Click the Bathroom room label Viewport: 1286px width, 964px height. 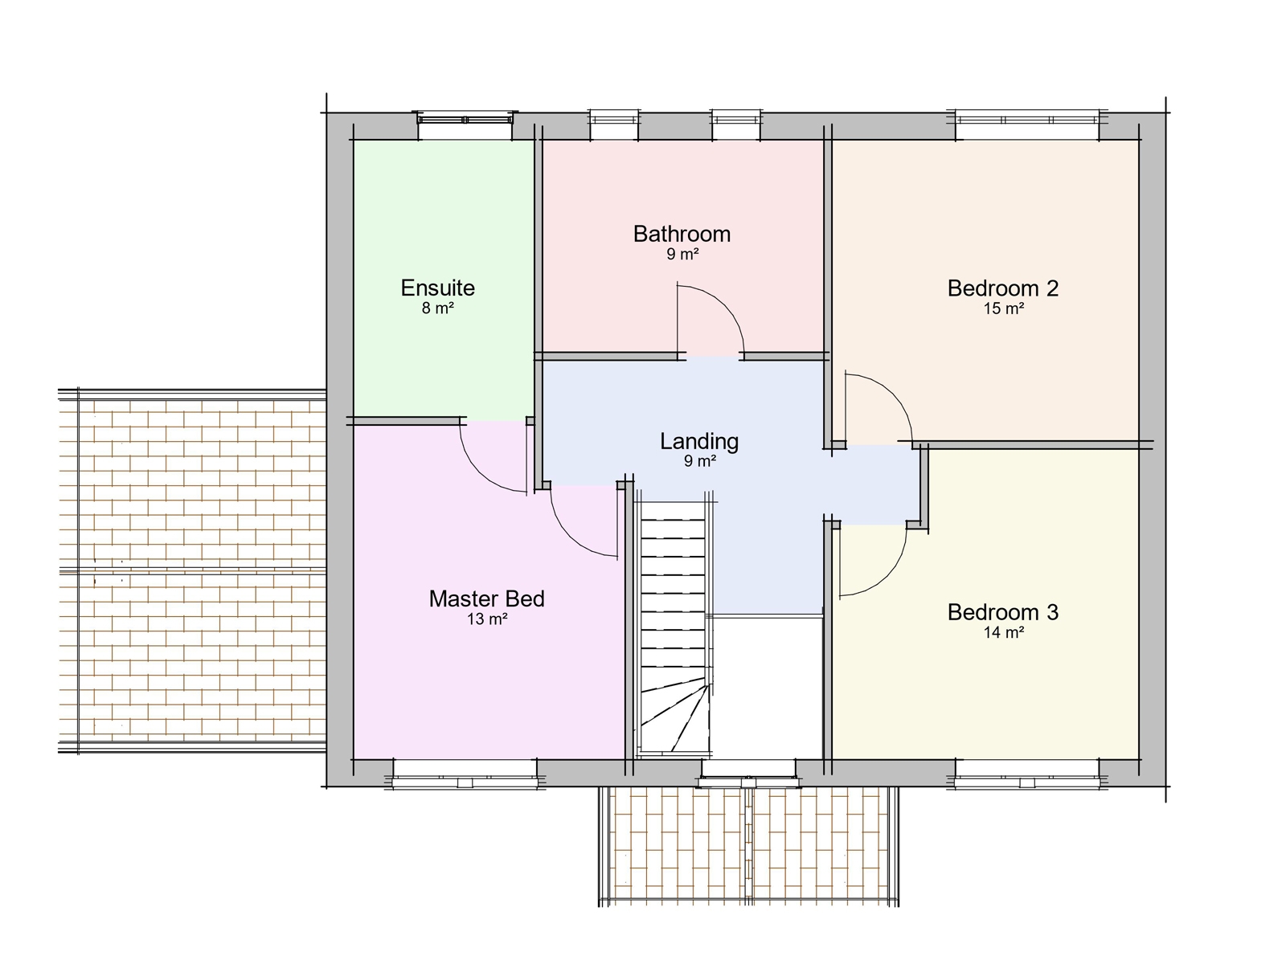point(682,234)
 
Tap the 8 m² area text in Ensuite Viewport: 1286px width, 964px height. point(437,308)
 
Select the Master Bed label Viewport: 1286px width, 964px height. point(486,598)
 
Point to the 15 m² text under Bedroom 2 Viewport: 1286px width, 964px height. point(1003,308)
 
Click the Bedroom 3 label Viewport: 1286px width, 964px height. point(1002,612)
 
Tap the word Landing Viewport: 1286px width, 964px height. point(698,441)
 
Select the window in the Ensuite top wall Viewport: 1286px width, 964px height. point(465,120)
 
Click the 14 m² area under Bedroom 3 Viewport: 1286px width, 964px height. point(1003,632)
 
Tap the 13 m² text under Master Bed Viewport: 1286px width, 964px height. point(486,619)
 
